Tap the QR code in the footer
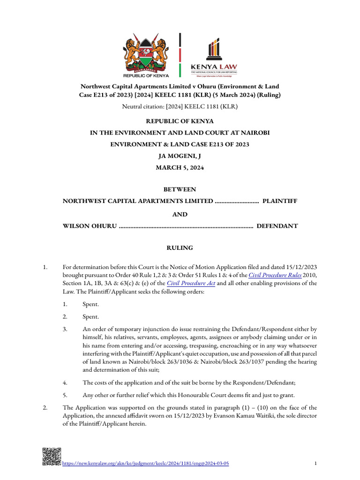(52, 457)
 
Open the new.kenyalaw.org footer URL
(146, 464)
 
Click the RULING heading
(180, 248)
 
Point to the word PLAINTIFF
(279, 201)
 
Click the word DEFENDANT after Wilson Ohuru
(277, 226)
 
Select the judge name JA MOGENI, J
(180, 156)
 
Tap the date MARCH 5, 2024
(180, 167)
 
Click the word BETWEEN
(180, 189)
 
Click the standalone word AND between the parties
(180, 214)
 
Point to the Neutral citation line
(180, 107)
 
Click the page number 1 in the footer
(315, 464)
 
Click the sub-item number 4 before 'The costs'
(65, 382)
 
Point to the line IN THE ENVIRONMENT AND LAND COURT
(180, 133)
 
